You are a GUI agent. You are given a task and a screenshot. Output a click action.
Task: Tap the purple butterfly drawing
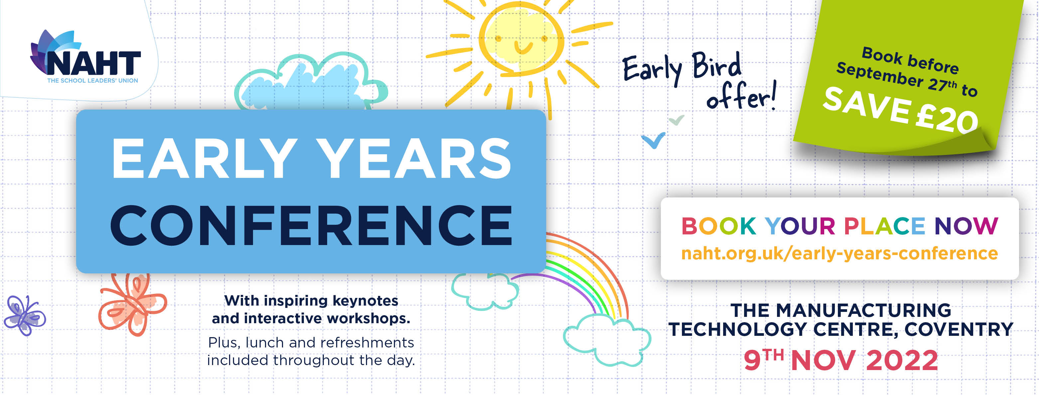click(25, 315)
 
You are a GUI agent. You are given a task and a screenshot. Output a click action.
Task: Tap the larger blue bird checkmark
click(653, 140)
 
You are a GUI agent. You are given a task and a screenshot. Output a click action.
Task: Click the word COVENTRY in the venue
click(959, 329)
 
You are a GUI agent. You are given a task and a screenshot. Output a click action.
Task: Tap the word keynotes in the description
click(365, 301)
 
